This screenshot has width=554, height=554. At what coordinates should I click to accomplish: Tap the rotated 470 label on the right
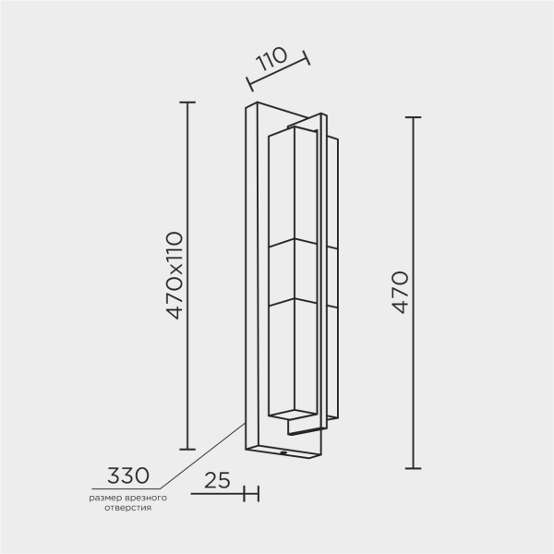[x=399, y=292]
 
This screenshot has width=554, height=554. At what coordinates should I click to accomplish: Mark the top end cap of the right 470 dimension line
[x=413, y=118]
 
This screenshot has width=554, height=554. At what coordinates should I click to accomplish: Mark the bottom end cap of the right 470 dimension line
[x=413, y=468]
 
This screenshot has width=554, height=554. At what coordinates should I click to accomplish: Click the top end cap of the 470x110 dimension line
[x=188, y=102]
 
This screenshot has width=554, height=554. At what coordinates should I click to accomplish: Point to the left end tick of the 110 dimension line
[x=250, y=84]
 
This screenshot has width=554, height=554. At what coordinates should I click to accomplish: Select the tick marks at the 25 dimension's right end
[x=250, y=494]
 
